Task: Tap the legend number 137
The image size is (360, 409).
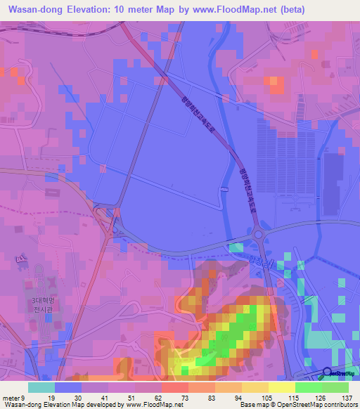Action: click(x=345, y=397)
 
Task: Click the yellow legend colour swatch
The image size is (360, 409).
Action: click(x=281, y=387)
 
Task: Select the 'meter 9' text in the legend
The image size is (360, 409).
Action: click(x=14, y=397)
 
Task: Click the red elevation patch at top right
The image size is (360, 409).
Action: click(x=276, y=85)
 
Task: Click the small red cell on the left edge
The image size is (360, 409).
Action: click(x=13, y=71)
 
